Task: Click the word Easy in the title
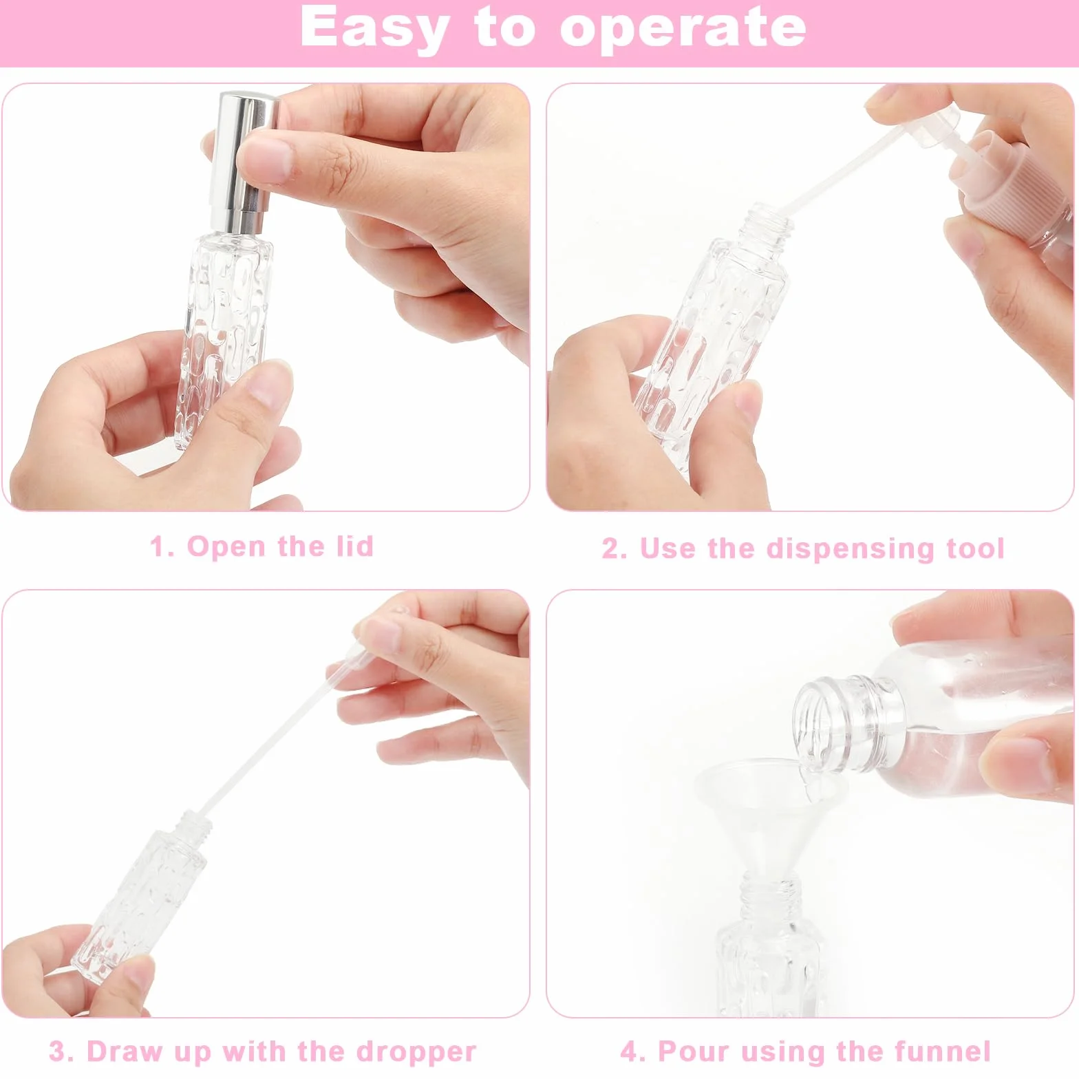pyautogui.click(x=374, y=29)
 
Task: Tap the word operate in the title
pyautogui.click(x=683, y=29)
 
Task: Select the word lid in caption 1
pyautogui.click(x=355, y=546)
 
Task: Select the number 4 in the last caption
pyautogui.click(x=629, y=1051)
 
